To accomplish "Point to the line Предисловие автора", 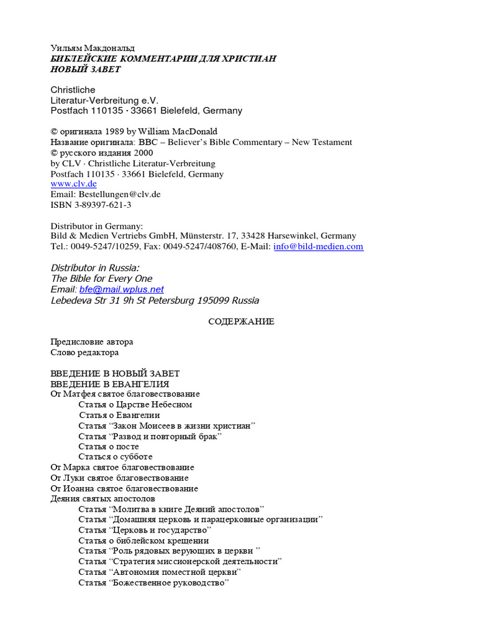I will coord(91,342).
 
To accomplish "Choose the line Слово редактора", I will coord(84,353).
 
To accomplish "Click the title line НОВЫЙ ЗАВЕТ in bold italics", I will coord(85,69).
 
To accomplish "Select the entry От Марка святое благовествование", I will coord(122,467).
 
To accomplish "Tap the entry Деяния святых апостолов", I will coord(102,499).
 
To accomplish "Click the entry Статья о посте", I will coord(109,446).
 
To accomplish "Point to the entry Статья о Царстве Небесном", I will coord(135,404).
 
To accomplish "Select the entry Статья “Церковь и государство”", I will coord(145,530).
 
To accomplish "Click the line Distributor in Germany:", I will coord(96,226).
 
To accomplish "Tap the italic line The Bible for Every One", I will coord(101,279).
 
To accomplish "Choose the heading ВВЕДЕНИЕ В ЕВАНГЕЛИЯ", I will coord(110,384).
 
